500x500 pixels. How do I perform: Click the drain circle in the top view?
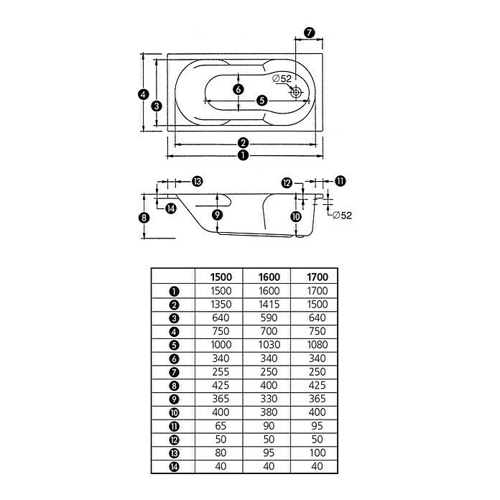[x=296, y=93]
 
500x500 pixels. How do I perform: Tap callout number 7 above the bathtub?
[x=309, y=32]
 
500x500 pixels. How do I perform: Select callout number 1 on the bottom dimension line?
[x=243, y=155]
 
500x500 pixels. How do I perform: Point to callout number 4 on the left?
[x=144, y=94]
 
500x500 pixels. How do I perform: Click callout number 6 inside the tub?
[x=239, y=89]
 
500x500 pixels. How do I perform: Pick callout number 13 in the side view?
[x=197, y=182]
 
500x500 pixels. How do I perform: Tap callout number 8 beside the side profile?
[x=144, y=218]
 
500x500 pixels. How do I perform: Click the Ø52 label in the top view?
[x=282, y=78]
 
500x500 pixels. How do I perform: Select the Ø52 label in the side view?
[x=342, y=216]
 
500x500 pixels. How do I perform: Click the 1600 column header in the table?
[x=269, y=277]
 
